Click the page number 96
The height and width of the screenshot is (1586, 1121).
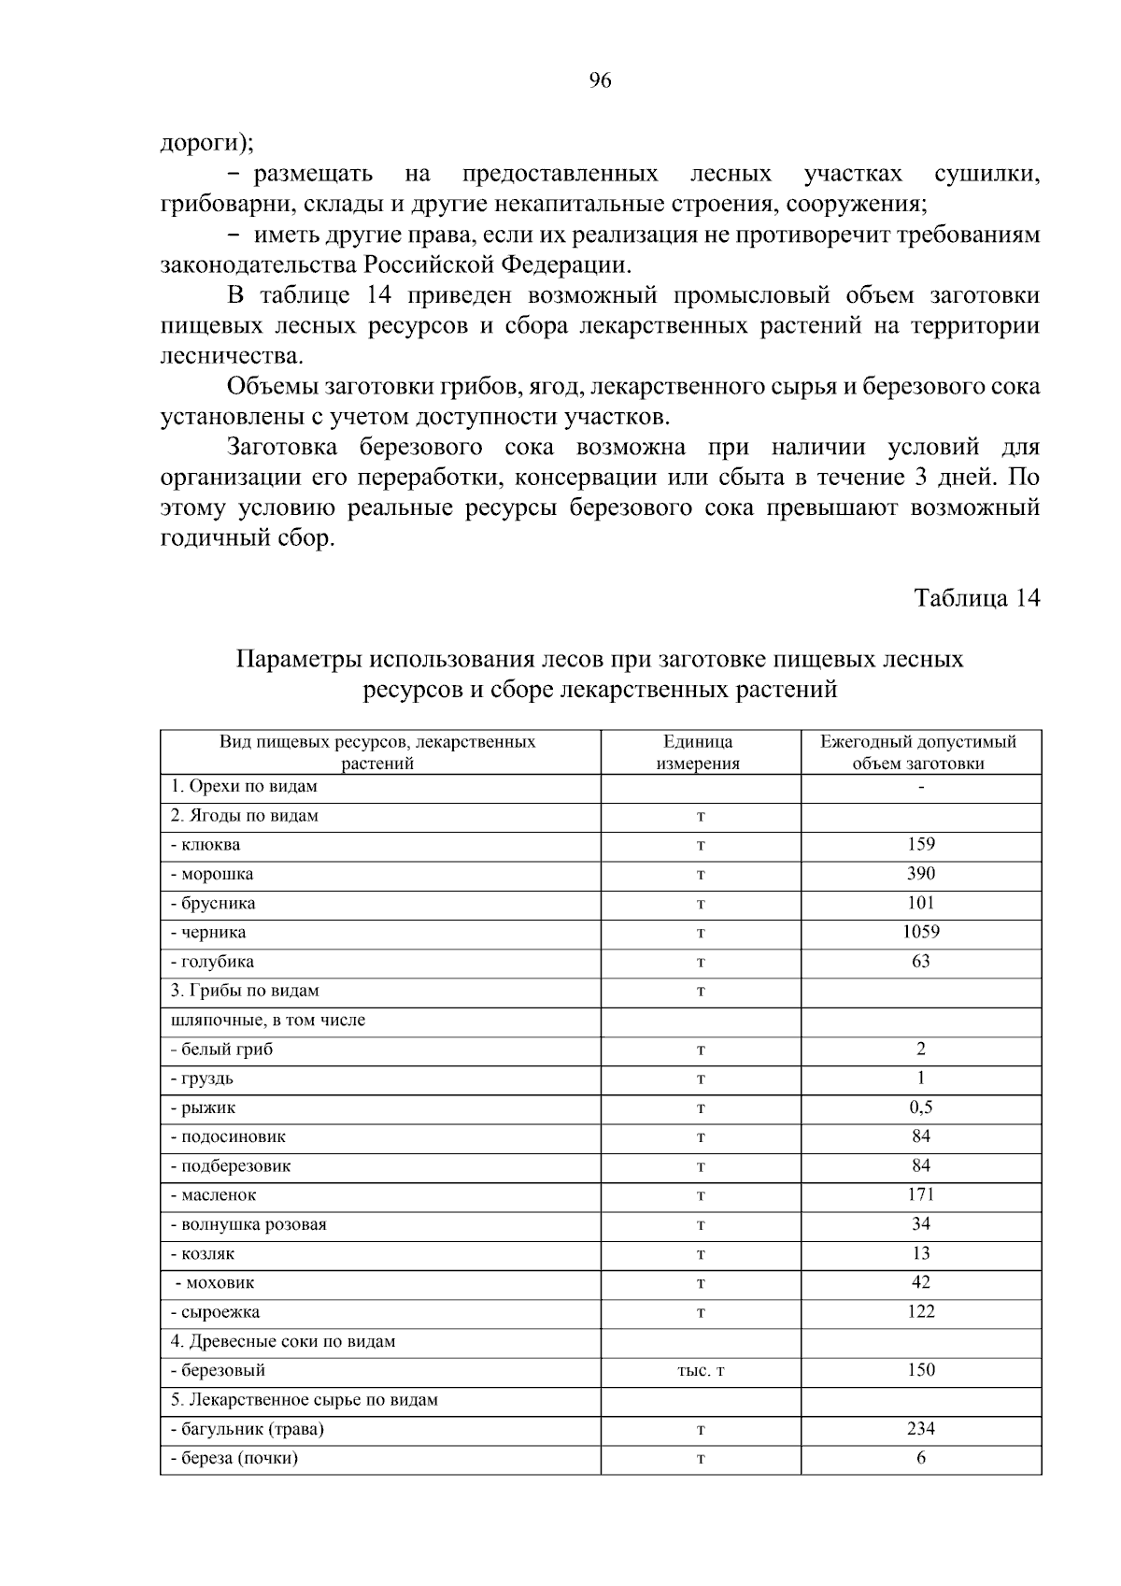(600, 80)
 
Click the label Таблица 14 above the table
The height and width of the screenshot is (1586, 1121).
(976, 598)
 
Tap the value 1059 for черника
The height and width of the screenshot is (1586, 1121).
(920, 932)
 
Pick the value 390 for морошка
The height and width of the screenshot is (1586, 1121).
(920, 873)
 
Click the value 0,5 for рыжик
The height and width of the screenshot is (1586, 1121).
(920, 1107)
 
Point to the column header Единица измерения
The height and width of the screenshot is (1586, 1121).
(699, 752)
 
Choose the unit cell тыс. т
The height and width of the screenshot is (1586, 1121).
(700, 1371)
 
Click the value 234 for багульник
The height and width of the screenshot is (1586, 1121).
(920, 1428)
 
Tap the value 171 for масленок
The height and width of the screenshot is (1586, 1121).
(920, 1194)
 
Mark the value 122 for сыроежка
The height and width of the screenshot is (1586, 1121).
(920, 1311)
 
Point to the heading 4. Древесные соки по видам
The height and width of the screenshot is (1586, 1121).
(283, 1341)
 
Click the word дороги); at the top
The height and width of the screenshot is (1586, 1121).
(206, 143)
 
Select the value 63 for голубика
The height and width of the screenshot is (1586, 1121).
(920, 961)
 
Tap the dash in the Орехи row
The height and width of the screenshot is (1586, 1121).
(921, 787)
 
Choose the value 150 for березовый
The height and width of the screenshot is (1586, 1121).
(920, 1370)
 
